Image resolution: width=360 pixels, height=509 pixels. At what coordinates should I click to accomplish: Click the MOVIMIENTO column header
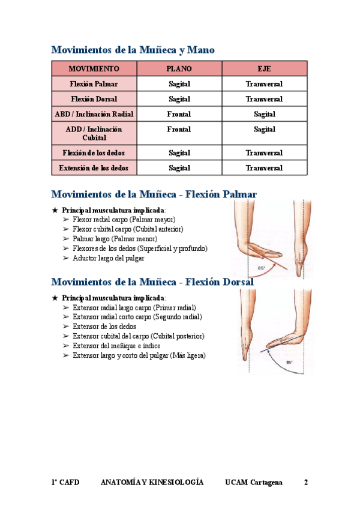94,69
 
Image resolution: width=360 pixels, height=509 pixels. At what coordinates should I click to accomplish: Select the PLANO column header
179,69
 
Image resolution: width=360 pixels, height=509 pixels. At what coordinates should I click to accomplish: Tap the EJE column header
264,69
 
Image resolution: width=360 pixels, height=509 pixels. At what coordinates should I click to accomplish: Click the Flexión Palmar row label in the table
94,84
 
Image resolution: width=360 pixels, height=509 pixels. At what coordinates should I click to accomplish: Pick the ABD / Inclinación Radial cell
94,114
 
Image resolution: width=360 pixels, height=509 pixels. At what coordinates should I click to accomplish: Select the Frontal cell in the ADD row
179,129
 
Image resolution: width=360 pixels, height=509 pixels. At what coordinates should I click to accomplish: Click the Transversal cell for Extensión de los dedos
264,168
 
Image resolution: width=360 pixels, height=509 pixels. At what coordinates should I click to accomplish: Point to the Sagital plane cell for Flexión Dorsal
179,99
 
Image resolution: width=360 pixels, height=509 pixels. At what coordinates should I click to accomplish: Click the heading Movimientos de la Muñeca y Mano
133,50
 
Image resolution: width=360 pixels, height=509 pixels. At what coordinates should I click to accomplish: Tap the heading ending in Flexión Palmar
154,194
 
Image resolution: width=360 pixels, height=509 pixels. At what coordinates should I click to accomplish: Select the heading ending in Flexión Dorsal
152,282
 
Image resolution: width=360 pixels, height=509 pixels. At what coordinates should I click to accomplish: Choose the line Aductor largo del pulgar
109,258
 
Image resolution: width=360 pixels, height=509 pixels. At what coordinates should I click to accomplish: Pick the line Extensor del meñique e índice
118,346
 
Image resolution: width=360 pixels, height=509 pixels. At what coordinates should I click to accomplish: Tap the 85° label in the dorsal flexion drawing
289,363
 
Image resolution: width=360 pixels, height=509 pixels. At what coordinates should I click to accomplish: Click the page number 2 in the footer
306,482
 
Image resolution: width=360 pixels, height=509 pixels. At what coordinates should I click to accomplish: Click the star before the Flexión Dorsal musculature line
55,298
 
